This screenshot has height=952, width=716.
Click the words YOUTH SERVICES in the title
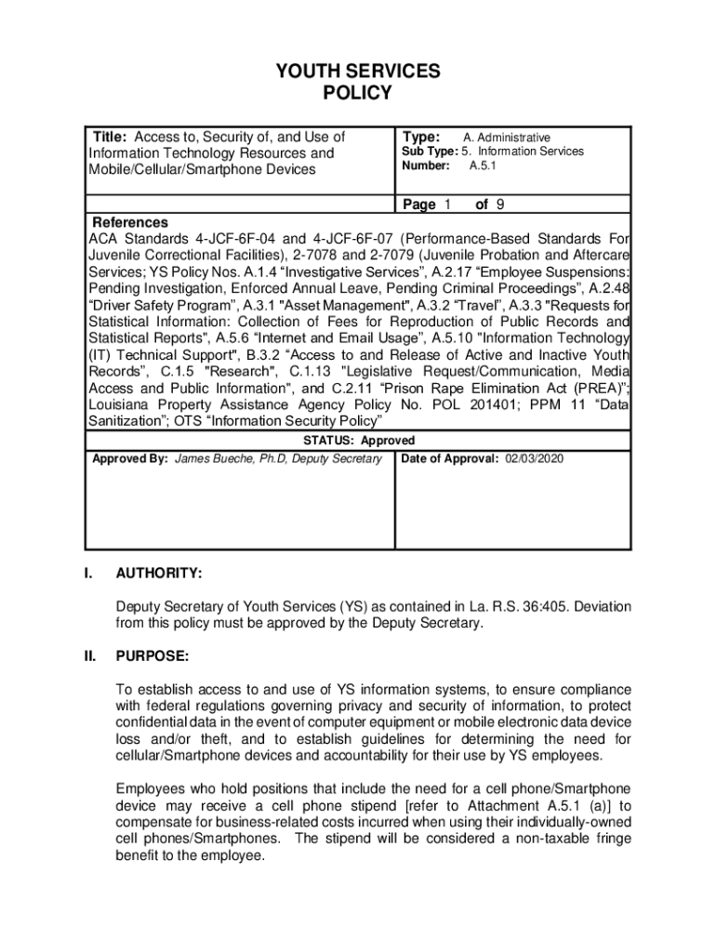(357, 72)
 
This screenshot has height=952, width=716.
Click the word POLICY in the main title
(357, 93)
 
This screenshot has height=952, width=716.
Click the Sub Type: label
(430, 152)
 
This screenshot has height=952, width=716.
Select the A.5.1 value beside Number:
(482, 165)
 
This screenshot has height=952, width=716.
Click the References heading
(129, 223)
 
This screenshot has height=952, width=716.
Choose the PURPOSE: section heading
(152, 656)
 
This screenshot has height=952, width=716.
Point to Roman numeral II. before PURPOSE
(90, 656)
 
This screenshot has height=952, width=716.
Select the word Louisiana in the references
(123, 405)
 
